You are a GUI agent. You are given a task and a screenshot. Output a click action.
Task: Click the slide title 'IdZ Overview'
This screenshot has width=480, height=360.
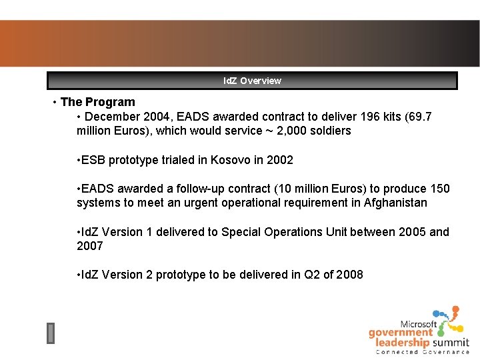pyautogui.click(x=252, y=81)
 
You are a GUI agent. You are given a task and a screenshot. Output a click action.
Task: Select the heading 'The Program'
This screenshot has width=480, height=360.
pyautogui.click(x=97, y=102)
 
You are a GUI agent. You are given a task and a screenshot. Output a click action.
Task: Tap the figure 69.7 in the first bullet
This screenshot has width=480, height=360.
pyautogui.click(x=419, y=117)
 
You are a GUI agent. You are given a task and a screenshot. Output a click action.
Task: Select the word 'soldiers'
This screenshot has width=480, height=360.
pyautogui.click(x=329, y=131)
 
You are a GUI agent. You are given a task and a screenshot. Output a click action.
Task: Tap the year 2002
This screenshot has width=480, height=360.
pyautogui.click(x=279, y=160)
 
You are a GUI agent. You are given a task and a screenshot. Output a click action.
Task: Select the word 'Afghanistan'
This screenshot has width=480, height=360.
pyautogui.click(x=395, y=203)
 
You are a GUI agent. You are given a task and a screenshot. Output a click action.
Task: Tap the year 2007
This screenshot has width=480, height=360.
pyautogui.click(x=90, y=246)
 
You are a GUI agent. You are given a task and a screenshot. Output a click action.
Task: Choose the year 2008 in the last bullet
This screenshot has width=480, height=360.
pyautogui.click(x=349, y=275)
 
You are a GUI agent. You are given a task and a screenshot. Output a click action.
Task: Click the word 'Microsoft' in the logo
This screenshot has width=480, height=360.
pyautogui.click(x=419, y=324)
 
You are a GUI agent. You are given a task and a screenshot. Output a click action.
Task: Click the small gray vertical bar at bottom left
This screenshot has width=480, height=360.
pyautogui.click(x=51, y=333)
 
